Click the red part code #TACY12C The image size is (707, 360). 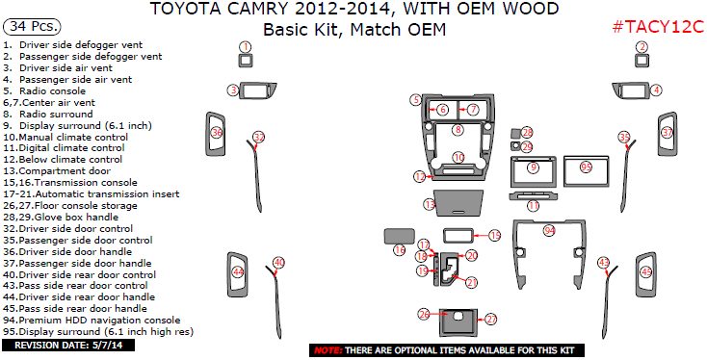pyautogui.click(x=658, y=27)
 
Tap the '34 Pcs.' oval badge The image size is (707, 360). pyautogui.click(x=32, y=27)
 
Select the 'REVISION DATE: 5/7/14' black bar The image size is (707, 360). pyautogui.click(x=68, y=346)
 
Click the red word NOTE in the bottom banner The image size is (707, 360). pyautogui.click(x=327, y=350)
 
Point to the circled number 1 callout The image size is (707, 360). pyautogui.click(x=246, y=47)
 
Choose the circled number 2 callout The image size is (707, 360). pyautogui.click(x=642, y=47)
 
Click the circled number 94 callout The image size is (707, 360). pyautogui.click(x=549, y=231)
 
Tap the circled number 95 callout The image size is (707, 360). pyautogui.click(x=586, y=167)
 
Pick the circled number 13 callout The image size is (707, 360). pyautogui.click(x=430, y=205)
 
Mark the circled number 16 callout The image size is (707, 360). pyautogui.click(x=400, y=249)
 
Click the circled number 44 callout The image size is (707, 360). pyautogui.click(x=238, y=271)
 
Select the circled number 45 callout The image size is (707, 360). pyautogui.click(x=647, y=271)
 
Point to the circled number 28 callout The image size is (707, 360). pyautogui.click(x=527, y=133)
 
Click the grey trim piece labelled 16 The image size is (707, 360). pyautogui.click(x=399, y=236)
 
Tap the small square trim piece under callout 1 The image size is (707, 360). pyautogui.click(x=246, y=61)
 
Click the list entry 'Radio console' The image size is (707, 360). pyautogui.click(x=52, y=91)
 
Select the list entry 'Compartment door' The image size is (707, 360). pyautogui.click(x=65, y=171)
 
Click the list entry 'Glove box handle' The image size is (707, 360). pyautogui.click(x=76, y=218)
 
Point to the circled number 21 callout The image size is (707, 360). pyautogui.click(x=472, y=282)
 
